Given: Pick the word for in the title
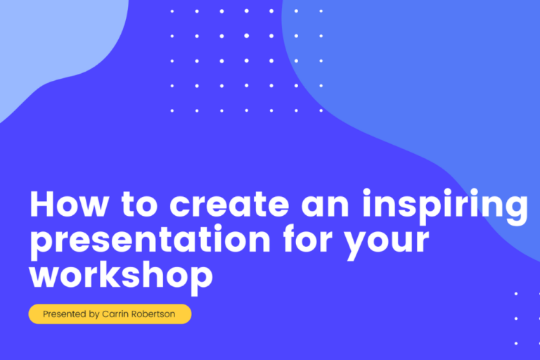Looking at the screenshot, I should [x=309, y=240].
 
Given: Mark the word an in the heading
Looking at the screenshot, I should [x=323, y=206].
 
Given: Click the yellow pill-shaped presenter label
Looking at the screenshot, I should [x=110, y=314].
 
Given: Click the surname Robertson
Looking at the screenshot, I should [x=153, y=314].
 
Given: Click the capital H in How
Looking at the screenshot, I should [x=41, y=205].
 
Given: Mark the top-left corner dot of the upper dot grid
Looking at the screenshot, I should [x=172, y=11].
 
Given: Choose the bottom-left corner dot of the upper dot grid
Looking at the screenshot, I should [x=172, y=110].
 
